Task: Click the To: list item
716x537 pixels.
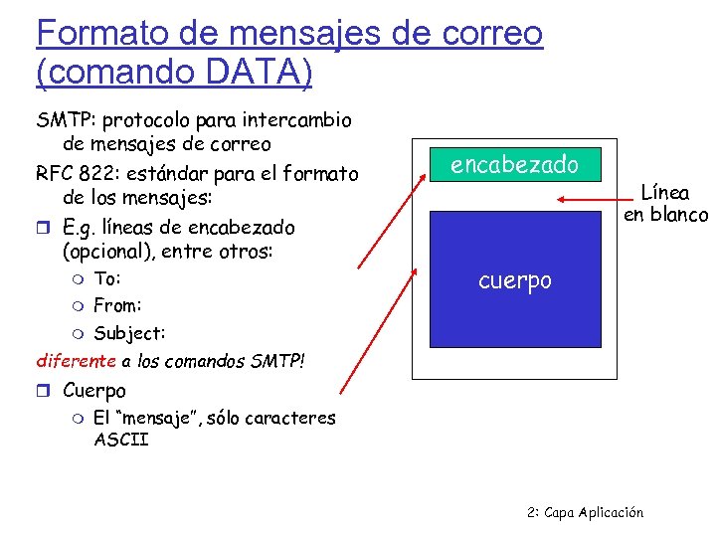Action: (106, 278)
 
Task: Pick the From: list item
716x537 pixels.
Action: (117, 305)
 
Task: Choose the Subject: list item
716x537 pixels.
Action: (129, 333)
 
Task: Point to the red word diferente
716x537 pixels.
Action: (76, 360)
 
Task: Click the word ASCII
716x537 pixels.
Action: (121, 439)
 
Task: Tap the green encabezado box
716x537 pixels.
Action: (515, 164)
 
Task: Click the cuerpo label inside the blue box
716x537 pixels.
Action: (514, 280)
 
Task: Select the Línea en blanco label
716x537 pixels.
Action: (665, 204)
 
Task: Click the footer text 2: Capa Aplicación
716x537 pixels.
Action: (585, 512)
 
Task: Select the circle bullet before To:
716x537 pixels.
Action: (80, 279)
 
